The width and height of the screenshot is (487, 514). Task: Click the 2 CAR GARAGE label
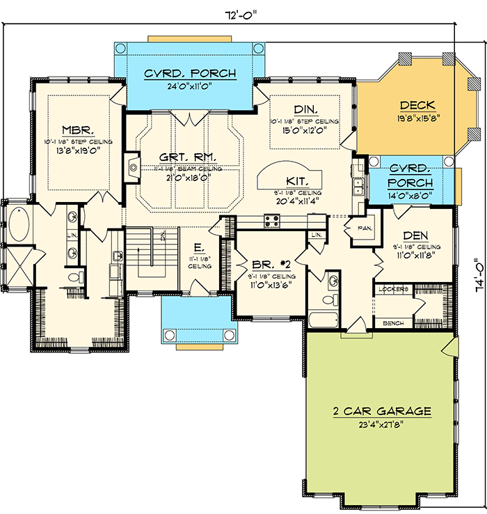click(x=381, y=411)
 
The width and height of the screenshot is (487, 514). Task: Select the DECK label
click(x=417, y=106)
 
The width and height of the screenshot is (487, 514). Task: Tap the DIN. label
click(x=305, y=109)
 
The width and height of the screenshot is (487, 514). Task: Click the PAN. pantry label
click(x=364, y=228)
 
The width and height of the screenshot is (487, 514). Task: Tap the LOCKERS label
click(x=392, y=288)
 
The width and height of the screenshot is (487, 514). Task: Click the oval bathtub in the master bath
click(x=19, y=225)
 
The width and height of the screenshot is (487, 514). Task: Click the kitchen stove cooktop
click(x=272, y=221)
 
